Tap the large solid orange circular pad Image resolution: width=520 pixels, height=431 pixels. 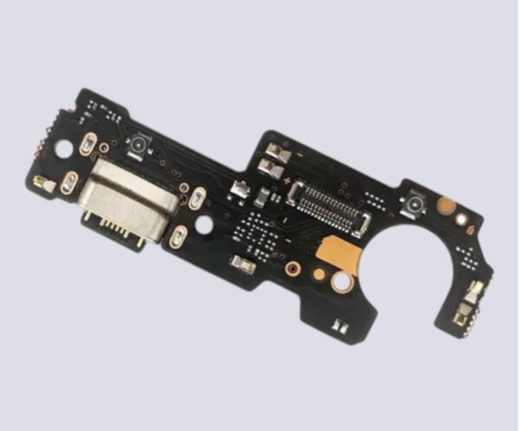coord(446,206)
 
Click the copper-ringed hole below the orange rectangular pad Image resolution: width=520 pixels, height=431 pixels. coord(344,282)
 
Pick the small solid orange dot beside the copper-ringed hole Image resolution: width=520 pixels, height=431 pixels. coord(320,276)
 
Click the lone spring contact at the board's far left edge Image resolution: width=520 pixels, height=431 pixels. coord(42,183)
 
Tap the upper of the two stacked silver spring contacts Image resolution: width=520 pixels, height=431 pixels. coord(271,153)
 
